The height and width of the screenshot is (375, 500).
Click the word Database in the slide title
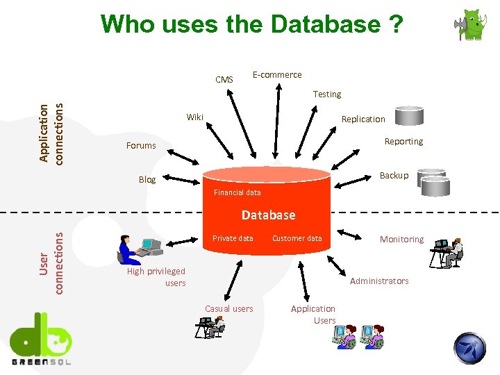325,24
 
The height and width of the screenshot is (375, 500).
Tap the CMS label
224,80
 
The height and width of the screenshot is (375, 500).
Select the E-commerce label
277,74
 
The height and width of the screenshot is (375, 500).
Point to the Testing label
327,94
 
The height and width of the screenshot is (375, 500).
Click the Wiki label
195,117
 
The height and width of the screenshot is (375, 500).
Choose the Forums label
141,145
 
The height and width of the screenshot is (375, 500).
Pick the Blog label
147,179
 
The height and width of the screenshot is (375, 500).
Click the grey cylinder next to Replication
408,116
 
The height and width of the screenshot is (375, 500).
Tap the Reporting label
403,141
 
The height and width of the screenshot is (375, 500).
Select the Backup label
394,175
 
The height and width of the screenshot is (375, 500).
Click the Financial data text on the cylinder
237,192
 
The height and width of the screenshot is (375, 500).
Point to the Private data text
233,238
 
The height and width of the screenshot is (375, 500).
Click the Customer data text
297,238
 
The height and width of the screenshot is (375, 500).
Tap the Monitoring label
401,239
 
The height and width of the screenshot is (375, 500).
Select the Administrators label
379,281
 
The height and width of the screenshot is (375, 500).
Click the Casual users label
229,308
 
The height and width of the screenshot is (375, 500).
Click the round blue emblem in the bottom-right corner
470,347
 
